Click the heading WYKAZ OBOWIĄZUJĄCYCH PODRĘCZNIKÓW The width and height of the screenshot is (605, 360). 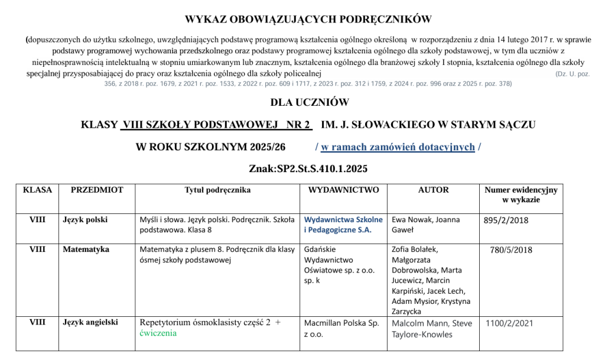[x=308, y=20]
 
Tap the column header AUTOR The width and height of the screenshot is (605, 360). [x=433, y=190]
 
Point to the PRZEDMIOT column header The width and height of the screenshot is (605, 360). [x=97, y=190]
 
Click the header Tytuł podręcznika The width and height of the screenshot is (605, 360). [x=217, y=190]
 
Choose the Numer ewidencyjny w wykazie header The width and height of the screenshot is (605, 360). [x=521, y=195]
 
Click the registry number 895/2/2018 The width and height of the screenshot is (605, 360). [x=506, y=220]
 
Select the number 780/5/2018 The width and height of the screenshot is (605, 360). [x=511, y=250]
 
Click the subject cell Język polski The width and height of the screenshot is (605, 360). [x=85, y=220]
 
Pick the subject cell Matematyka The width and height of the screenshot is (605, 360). [x=86, y=249]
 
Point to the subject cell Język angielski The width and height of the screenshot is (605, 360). [x=90, y=323]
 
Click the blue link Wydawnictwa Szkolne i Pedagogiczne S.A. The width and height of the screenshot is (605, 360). [x=343, y=225]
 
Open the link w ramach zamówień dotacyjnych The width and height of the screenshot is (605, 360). [x=398, y=147]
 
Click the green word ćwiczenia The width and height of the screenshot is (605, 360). [x=158, y=333]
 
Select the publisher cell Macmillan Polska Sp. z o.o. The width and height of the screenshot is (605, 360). [x=341, y=329]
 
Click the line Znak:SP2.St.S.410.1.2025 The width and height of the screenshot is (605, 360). [x=308, y=169]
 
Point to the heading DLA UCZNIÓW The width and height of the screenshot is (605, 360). [x=310, y=102]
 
